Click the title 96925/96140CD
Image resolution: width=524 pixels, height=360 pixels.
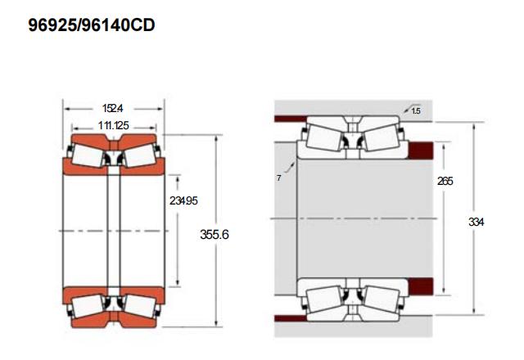point(92,25)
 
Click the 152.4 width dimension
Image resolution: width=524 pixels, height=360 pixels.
point(113,108)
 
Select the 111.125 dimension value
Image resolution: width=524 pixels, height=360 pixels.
point(114,125)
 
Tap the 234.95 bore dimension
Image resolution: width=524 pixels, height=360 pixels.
point(183,200)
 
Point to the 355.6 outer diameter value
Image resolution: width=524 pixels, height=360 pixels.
point(215,235)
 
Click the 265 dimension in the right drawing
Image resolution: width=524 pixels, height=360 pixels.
point(445,181)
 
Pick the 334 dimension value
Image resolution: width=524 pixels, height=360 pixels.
point(476,222)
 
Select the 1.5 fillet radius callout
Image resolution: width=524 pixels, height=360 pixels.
point(416,111)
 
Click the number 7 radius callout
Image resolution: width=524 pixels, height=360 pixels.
point(278,178)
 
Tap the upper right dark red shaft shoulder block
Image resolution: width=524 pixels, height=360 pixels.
point(421,151)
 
